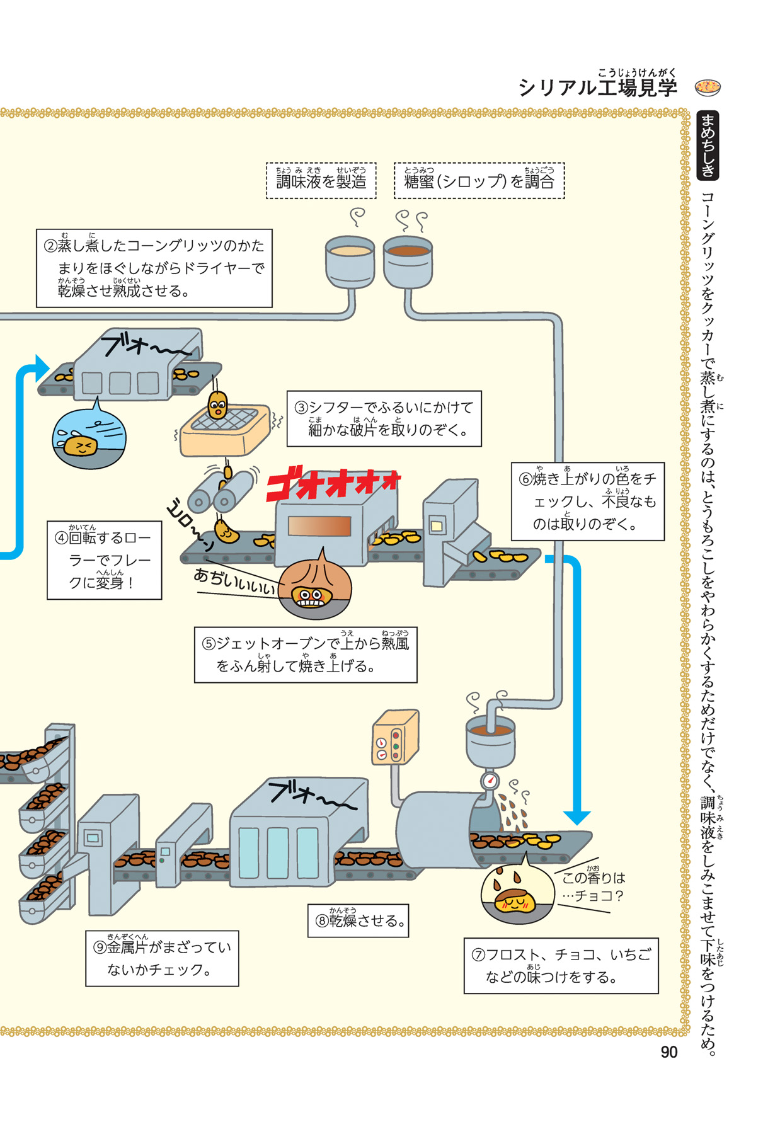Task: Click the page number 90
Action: point(668,1052)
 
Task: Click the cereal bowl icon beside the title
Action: point(708,87)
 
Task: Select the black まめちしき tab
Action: point(708,146)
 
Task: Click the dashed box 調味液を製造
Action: point(321,181)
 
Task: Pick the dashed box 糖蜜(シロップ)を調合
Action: point(479,181)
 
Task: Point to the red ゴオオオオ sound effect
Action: point(333,484)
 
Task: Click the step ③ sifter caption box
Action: point(384,419)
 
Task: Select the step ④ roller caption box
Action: point(104,559)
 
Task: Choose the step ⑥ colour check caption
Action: point(587,501)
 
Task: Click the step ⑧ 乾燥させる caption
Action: point(358,920)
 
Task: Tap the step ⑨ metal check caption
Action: point(162,958)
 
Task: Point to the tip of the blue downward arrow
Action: point(576,822)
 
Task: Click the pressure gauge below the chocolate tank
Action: point(490,781)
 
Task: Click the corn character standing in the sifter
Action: point(217,404)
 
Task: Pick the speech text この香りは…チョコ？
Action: point(592,886)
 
